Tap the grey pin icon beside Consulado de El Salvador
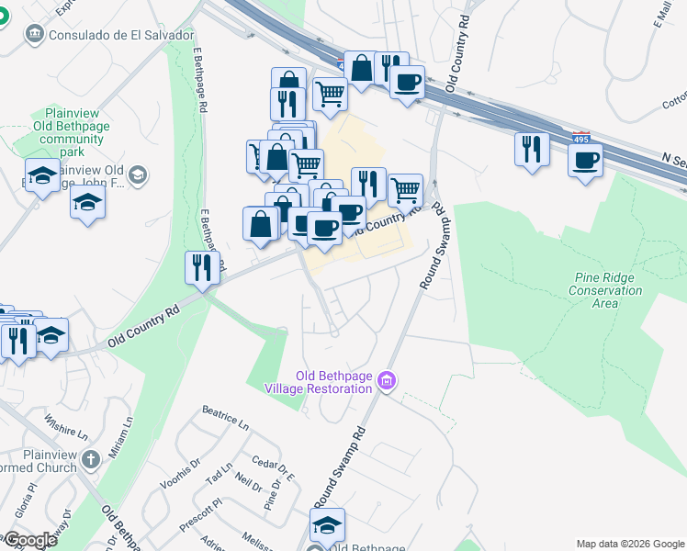click(x=35, y=34)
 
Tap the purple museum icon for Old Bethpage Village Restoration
click(x=386, y=380)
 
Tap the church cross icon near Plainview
click(x=90, y=458)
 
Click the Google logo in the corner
click(x=30, y=540)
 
